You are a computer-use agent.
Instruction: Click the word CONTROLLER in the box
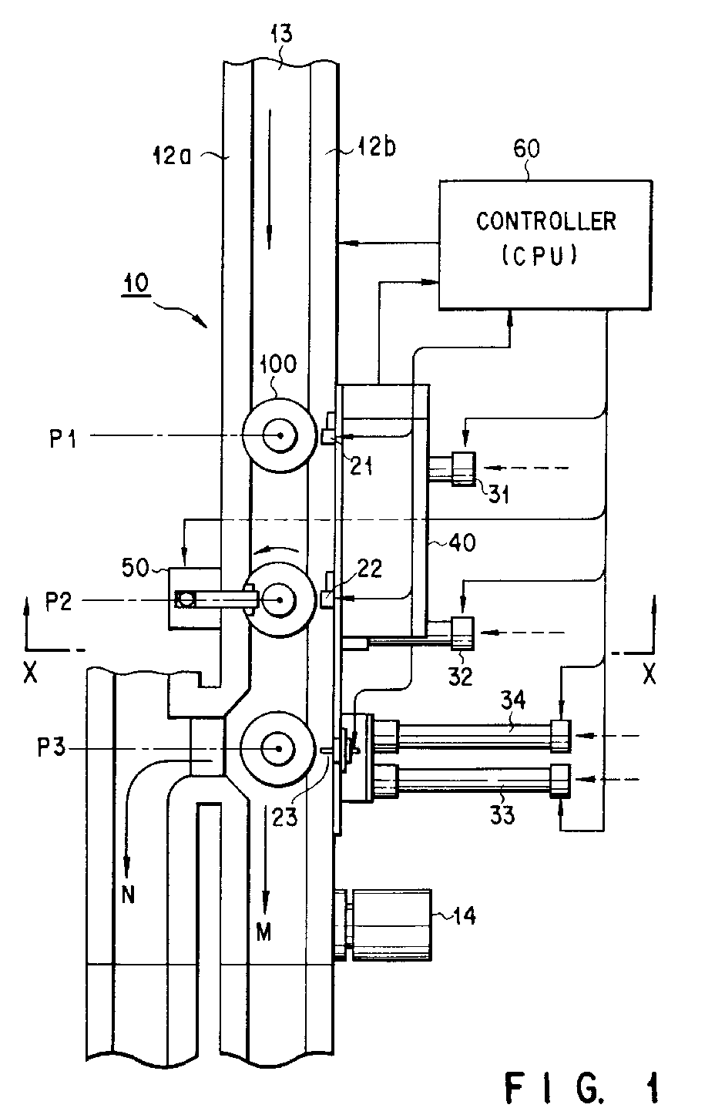click(545, 221)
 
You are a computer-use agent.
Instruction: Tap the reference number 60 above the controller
click(526, 149)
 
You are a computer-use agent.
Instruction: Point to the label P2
click(59, 602)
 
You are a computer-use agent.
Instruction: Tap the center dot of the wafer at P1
click(280, 436)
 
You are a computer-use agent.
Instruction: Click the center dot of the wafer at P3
click(278, 749)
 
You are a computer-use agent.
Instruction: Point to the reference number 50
click(135, 568)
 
